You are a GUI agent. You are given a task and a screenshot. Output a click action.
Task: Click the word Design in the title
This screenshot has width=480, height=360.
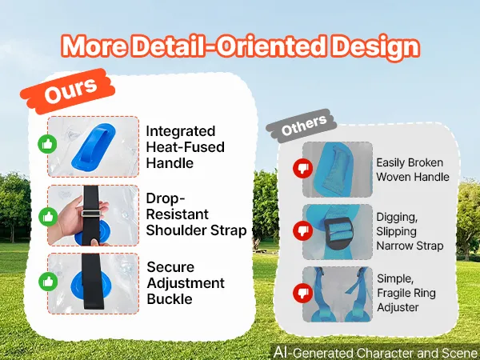[376, 47]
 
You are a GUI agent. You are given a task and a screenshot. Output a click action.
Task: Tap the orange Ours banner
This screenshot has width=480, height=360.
[68, 91]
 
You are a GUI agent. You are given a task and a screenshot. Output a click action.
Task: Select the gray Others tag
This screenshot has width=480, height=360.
[302, 126]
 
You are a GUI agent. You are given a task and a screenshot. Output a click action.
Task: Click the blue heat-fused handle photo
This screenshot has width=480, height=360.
[93, 146]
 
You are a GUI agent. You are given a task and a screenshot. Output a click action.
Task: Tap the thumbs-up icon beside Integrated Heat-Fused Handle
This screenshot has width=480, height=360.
[47, 144]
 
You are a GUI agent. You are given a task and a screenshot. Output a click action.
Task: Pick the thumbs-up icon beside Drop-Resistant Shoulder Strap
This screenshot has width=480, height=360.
[48, 217]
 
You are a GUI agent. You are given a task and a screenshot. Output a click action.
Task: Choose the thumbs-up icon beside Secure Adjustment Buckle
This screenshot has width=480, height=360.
[48, 282]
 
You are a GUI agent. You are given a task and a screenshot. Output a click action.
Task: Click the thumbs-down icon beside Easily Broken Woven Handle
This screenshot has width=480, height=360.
[302, 168]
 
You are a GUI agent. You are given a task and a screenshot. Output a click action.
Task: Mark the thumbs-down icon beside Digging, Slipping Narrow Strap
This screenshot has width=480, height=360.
[302, 230]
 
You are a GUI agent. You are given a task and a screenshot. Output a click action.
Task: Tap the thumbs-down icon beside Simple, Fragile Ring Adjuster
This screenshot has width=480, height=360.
[302, 293]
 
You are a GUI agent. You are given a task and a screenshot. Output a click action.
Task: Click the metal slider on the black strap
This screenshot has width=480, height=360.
[90, 214]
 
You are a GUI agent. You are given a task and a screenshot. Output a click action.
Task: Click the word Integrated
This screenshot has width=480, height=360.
[181, 131]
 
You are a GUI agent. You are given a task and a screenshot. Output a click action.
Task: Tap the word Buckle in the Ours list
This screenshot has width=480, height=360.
[170, 299]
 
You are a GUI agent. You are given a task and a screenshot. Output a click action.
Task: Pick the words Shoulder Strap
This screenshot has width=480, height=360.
[196, 230]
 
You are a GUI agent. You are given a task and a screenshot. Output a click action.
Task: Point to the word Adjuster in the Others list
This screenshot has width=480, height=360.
[398, 307]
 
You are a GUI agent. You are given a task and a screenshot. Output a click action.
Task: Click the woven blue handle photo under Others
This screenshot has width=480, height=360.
[338, 170]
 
